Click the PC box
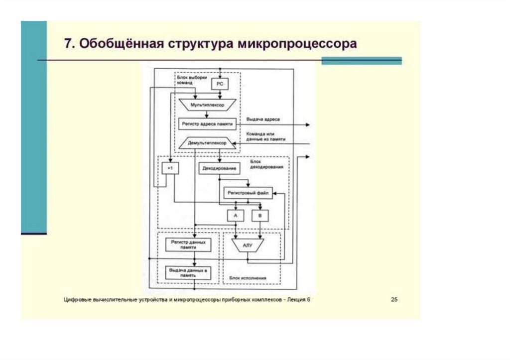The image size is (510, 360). pos(220,84)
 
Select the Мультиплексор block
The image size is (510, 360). pos(207,105)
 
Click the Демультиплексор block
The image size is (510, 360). pos(207,143)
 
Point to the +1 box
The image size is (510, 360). pos(170,168)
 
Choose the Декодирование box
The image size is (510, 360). pos(219,168)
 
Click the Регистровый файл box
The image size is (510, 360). pos(248,192)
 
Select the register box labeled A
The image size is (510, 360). pos(235,216)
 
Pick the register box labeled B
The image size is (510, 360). pos(259,216)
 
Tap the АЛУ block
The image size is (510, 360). pos(248,245)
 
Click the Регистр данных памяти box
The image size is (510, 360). pos(188,244)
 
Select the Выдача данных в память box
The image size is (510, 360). pos(188,272)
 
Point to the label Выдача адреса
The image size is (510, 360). pos(263,120)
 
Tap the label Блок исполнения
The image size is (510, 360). pos(248,278)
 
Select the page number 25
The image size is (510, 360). pos(394,300)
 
